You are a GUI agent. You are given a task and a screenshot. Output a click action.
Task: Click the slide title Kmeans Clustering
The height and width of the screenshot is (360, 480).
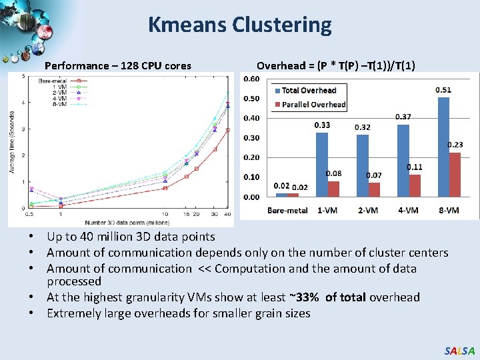point(239,25)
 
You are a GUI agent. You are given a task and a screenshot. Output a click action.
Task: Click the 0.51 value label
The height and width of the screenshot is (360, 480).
point(443,90)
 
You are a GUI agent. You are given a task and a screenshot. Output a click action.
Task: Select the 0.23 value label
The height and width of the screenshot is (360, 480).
point(455,145)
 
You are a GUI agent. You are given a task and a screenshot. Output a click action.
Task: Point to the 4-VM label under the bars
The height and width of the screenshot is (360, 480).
point(408,210)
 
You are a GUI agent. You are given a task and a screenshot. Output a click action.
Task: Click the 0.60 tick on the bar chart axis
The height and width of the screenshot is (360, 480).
point(251,79)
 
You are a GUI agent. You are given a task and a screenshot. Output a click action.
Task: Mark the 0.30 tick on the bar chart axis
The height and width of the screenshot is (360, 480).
point(251,138)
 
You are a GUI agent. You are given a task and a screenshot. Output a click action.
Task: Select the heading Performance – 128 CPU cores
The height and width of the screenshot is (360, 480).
point(118,65)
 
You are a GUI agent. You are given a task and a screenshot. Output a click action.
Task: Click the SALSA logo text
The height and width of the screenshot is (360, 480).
point(460,351)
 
